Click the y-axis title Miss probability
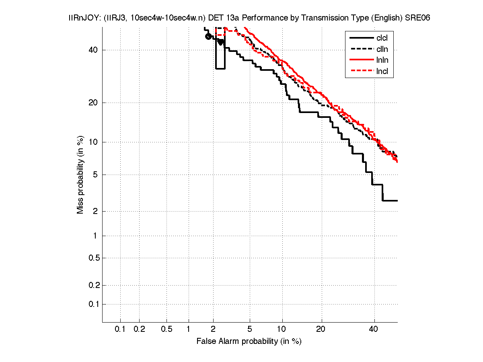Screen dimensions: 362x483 pyautogui.click(x=81, y=175)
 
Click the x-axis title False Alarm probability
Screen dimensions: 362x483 pyautogui.click(x=249, y=341)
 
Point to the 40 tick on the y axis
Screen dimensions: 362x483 pyautogui.click(x=93, y=50)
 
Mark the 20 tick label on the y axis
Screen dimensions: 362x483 pyautogui.click(x=93, y=103)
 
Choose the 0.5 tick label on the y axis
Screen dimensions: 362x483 pyautogui.click(x=94, y=258)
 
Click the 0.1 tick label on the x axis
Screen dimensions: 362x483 pyautogui.click(x=120, y=329)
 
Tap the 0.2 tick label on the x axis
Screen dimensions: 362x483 pyautogui.click(x=139, y=329)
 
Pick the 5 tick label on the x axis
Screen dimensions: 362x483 pyautogui.click(x=250, y=329)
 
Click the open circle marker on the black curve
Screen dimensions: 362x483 pyautogui.click(x=208, y=37)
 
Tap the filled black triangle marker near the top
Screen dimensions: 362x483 pyautogui.click(x=220, y=42)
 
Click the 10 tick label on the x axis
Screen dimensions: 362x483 pyautogui.click(x=282, y=329)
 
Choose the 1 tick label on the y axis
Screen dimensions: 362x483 pyautogui.click(x=96, y=236)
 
